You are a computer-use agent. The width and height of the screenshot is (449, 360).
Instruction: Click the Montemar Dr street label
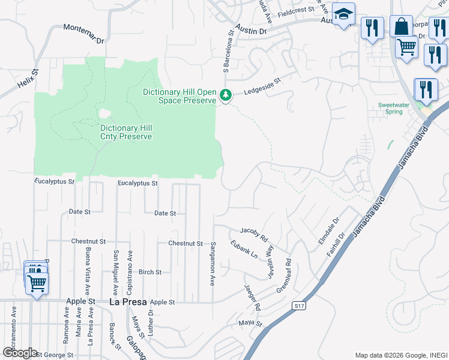click(84, 34)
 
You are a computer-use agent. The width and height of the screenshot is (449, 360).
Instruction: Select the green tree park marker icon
click(226, 95)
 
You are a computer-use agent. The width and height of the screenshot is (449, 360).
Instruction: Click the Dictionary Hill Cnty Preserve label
click(126, 132)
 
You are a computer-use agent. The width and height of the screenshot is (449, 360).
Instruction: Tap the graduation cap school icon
click(344, 14)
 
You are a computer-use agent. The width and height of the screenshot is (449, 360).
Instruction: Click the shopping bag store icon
click(401, 26)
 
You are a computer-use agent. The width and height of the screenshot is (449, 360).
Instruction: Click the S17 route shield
click(298, 306)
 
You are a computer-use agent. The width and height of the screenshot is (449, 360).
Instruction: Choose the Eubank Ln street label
click(244, 249)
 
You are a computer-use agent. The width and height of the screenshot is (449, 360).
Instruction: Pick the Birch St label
click(150, 272)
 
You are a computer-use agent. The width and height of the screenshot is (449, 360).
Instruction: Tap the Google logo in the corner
click(19, 353)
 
